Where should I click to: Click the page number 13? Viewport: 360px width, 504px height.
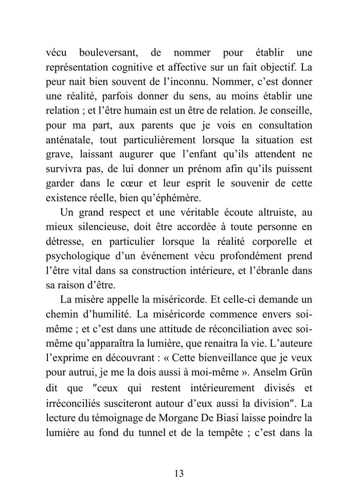coord(179,473)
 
